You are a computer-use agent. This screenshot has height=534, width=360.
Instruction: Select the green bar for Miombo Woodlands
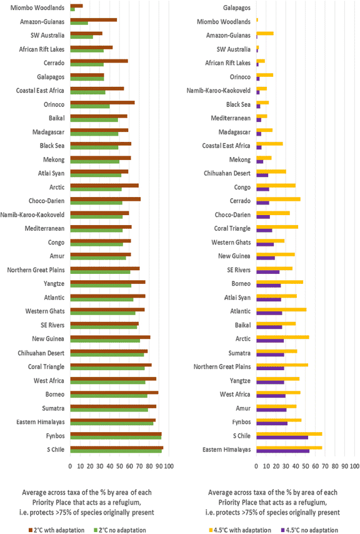tap(72, 9)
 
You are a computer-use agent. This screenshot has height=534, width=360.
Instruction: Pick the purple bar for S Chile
tap(282, 437)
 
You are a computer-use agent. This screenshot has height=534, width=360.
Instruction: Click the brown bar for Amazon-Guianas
tap(93, 19)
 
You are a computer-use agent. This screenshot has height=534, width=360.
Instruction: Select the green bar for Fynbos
tap(116, 438)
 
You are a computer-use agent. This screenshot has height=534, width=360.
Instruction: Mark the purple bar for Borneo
tap(268, 285)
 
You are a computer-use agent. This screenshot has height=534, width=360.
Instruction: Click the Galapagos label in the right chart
tap(237, 8)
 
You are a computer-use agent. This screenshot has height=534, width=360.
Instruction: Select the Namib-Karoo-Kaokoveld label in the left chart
tap(37, 214)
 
